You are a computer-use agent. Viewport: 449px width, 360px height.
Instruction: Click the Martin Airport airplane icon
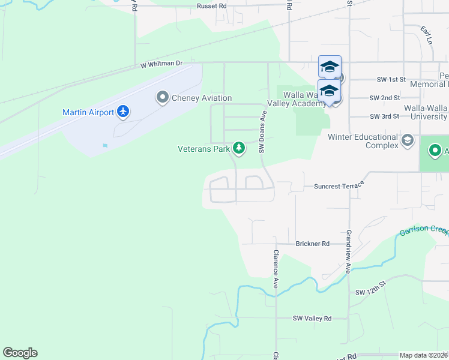click(124, 111)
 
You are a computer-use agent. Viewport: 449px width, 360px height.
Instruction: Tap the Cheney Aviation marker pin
click(162, 97)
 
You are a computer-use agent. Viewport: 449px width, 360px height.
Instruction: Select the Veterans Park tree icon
click(239, 148)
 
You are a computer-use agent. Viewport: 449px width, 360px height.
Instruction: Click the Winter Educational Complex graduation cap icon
click(408, 140)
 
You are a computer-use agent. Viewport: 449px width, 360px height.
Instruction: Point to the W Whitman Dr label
click(161, 64)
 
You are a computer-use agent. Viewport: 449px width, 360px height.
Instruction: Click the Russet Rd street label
click(213, 6)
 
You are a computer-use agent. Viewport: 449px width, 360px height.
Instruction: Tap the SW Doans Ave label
click(262, 132)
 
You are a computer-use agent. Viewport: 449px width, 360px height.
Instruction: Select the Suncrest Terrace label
click(339, 187)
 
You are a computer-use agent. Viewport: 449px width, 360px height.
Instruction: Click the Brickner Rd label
click(313, 244)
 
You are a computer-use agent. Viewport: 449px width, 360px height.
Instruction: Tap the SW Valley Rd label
click(312, 318)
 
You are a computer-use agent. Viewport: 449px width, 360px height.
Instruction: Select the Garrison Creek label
click(423, 230)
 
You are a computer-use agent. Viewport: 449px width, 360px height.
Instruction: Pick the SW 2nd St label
click(385, 98)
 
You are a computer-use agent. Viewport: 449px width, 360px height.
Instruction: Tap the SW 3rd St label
click(384, 116)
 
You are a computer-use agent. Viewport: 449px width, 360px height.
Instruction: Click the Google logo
click(20, 353)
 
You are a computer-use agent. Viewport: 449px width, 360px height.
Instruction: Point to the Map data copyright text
click(424, 355)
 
